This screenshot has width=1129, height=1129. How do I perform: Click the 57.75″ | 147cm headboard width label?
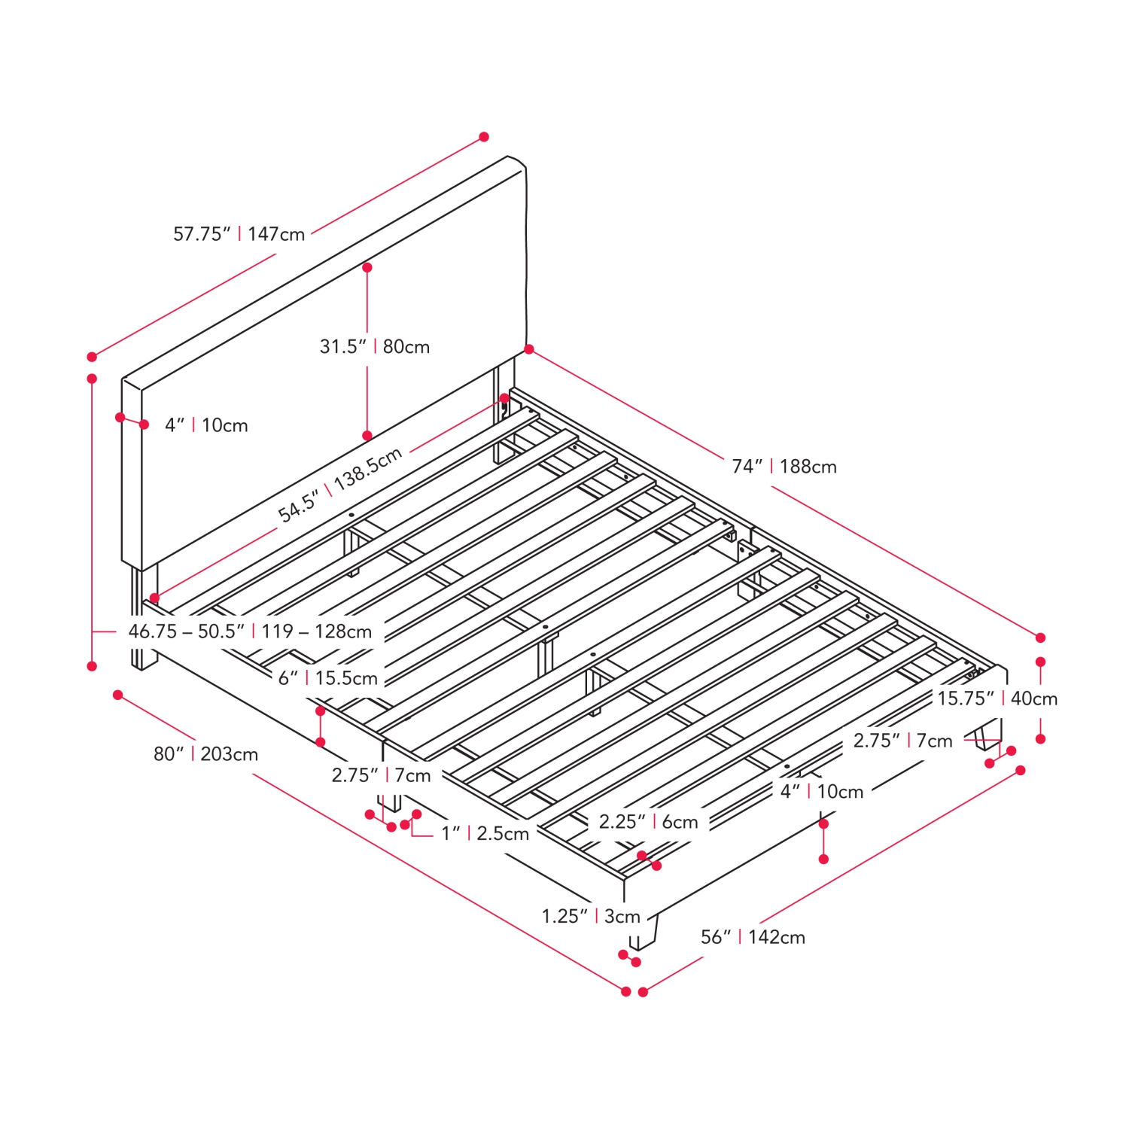click(239, 234)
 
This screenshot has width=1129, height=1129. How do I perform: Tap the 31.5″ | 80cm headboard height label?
click(375, 347)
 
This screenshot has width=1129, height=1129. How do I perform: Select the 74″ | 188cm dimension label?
click(784, 467)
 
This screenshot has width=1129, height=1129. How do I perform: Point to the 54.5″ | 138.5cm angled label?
click(340, 485)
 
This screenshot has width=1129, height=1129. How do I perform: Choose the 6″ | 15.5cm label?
click(328, 678)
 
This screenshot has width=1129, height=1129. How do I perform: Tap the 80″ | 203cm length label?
click(206, 754)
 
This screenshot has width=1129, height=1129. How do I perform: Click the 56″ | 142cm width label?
click(753, 937)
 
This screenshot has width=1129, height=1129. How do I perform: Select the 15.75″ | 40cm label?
click(997, 698)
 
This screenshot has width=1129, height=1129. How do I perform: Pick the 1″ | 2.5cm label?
click(485, 834)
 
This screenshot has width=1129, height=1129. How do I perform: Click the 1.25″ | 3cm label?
click(591, 917)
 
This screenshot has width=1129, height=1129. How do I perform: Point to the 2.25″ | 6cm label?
click(649, 822)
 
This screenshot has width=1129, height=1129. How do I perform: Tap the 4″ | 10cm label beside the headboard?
click(206, 425)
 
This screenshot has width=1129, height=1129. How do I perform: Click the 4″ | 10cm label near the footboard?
click(822, 792)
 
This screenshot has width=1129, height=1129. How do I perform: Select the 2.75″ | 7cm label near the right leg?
click(903, 741)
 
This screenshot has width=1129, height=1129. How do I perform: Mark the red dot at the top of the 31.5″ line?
click(367, 267)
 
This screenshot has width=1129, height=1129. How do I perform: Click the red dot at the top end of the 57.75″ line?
click(484, 137)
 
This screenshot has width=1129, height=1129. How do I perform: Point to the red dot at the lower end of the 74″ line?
click(1041, 638)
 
